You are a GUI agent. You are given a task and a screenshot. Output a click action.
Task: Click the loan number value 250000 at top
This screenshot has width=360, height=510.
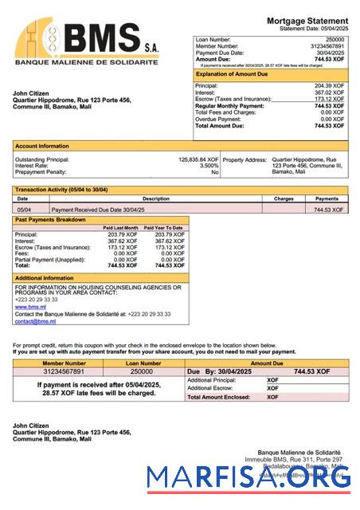(335, 39)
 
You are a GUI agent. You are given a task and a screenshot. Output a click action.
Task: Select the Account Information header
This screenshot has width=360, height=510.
(42, 146)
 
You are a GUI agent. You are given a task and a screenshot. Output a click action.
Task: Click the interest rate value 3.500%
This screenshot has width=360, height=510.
(209, 166)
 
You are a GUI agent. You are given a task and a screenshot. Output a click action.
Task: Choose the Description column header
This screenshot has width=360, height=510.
(155, 199)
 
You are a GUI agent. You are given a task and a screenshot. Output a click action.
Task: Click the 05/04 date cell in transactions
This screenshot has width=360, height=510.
(24, 209)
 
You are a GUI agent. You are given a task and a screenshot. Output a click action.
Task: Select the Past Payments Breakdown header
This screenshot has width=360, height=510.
(52, 219)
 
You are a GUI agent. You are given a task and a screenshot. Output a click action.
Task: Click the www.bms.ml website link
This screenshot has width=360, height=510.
(30, 306)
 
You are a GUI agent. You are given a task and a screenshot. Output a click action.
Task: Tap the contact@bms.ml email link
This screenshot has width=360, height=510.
(35, 321)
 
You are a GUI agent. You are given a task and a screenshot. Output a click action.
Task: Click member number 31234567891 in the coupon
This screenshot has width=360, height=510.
(52, 371)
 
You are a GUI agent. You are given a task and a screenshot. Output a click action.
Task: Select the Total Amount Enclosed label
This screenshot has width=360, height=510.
(219, 397)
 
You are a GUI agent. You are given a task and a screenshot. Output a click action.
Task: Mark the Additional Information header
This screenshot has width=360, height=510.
(45, 278)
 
